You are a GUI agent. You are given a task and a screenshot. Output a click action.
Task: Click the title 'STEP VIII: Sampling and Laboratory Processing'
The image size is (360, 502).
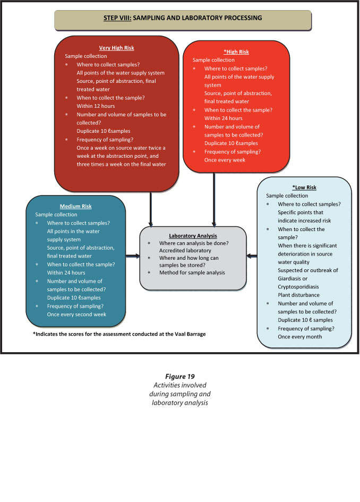coord(183,18)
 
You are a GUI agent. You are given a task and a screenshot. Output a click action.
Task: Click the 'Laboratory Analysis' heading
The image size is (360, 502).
coord(193,235)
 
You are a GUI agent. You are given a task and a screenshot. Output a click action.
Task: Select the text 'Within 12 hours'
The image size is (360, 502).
coord(96,106)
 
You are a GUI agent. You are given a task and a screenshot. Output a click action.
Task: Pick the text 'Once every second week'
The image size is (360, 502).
coord(76,314)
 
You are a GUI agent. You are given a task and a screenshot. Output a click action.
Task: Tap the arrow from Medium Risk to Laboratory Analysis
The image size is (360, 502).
coord(133,255)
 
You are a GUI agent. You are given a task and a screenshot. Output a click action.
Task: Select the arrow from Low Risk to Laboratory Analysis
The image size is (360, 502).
coord(252,256)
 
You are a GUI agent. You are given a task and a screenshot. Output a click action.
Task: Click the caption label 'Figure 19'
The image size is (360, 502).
coord(180,377)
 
